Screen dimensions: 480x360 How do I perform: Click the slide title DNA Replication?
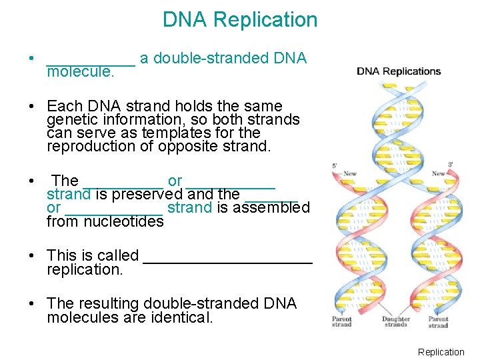[x=240, y=20]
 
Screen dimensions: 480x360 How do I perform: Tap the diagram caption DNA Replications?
[x=399, y=71]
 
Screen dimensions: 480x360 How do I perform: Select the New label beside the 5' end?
[x=349, y=173]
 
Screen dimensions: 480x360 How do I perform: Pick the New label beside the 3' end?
[x=438, y=173]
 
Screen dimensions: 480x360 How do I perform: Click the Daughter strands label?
[x=395, y=321]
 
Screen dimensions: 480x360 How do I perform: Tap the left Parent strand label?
[x=341, y=321]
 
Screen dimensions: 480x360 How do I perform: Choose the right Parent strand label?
[x=438, y=321]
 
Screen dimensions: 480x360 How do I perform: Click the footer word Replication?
[x=441, y=352]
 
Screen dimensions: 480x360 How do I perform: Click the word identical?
[x=179, y=317]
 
